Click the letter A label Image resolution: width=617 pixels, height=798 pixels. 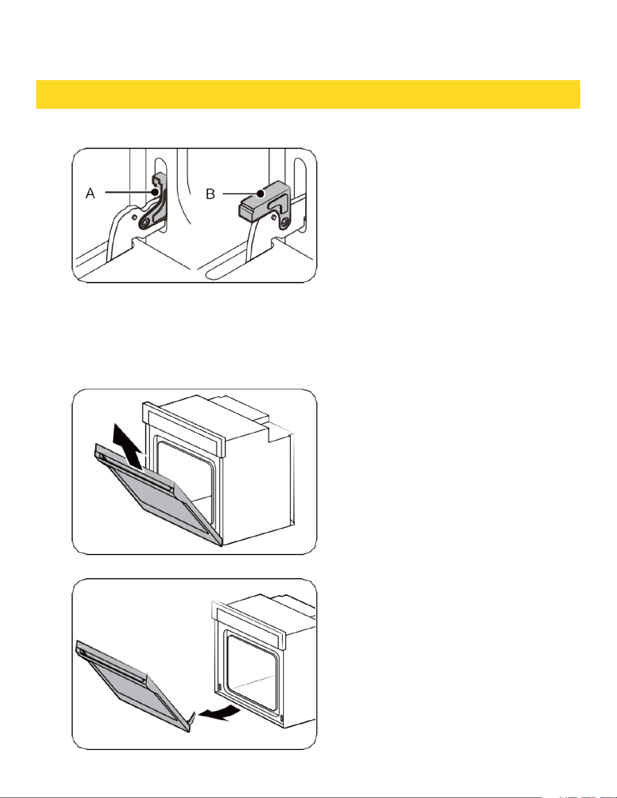pos(91,193)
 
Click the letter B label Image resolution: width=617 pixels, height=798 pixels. pos(210,194)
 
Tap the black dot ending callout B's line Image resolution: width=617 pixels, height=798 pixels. pos(260,194)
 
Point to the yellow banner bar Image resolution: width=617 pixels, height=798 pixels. pos(308,94)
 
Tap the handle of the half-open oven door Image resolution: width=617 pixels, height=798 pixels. pos(136,471)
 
